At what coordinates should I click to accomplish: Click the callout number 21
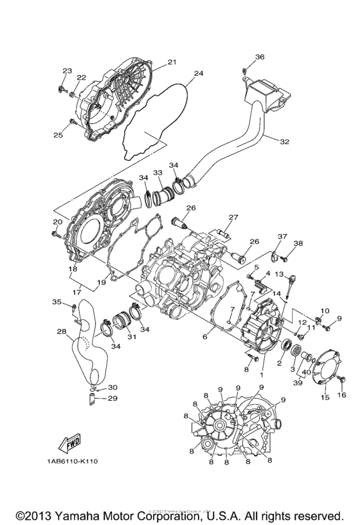coord(172,62)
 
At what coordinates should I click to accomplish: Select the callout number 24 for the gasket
coord(199,73)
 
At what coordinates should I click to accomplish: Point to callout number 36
coord(259,57)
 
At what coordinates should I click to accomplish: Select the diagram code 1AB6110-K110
coord(71,461)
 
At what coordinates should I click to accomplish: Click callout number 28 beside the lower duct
coord(61,332)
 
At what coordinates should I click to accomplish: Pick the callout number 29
coord(113,399)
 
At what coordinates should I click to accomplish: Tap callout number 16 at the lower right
coord(341,394)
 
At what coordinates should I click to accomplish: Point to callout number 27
coord(233,217)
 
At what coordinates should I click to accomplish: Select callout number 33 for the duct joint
coord(157,173)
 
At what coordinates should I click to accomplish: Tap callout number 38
coord(298,243)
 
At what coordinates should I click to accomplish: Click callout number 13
coord(279,274)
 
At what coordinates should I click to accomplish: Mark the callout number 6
coord(205,336)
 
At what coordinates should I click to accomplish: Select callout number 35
coord(56,302)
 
